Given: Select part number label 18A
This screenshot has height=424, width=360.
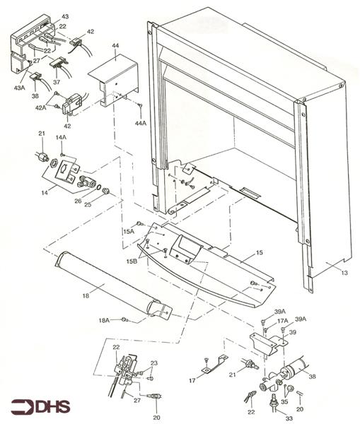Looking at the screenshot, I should (104, 321).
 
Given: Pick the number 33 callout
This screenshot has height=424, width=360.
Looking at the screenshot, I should (269, 419).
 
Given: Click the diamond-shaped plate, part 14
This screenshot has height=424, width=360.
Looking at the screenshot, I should (67, 171).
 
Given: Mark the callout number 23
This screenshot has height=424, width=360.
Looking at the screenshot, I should (154, 363).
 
